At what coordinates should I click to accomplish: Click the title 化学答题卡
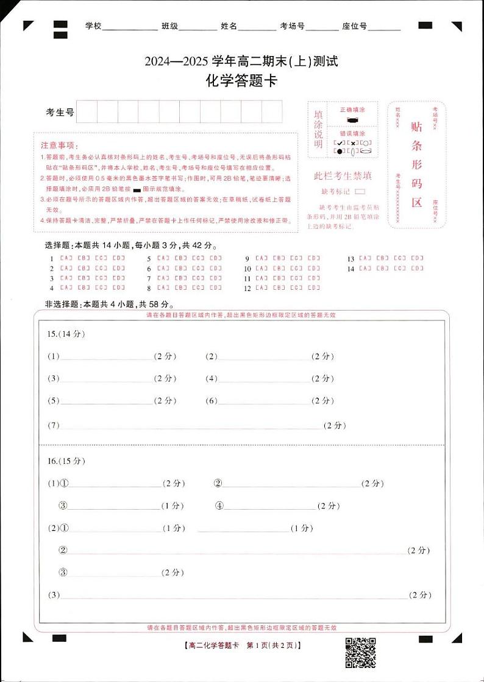241,80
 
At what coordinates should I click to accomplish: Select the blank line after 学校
130,27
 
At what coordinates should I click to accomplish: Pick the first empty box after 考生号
87,112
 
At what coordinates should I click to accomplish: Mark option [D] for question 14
417,268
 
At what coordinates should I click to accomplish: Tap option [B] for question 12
279,288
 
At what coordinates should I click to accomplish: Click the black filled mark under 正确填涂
352,121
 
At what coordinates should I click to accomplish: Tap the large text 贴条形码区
417,164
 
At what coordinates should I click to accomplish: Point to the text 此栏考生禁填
342,177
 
